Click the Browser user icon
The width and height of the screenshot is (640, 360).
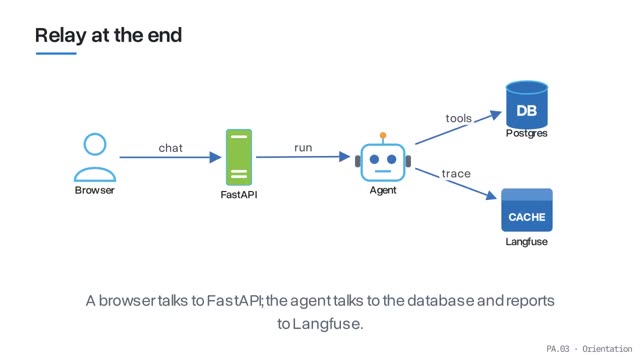point(95,157)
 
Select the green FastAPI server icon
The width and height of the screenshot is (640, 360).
point(239,157)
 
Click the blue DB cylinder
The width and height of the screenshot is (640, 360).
point(527,104)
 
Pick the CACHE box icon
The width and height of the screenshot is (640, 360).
point(527,210)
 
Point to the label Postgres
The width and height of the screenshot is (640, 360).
point(527,133)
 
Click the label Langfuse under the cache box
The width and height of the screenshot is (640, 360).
point(527,242)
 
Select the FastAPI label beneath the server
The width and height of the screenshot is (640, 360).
point(239,195)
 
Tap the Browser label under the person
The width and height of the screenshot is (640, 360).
point(95,190)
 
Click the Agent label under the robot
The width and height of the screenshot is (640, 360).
point(383,190)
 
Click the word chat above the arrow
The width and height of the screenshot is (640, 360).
point(171,148)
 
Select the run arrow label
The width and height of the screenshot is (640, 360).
point(303,148)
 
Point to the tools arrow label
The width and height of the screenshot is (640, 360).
point(459,118)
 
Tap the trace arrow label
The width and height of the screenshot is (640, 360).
point(456,174)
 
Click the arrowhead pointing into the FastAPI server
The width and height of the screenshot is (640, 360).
point(216,157)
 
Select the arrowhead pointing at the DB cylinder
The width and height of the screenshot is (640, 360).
point(496,115)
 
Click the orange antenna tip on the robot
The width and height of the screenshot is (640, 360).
point(383,135)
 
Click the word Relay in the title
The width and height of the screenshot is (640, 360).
point(60,36)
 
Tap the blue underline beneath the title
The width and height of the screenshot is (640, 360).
point(56,53)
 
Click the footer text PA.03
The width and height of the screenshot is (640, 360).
point(558,349)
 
